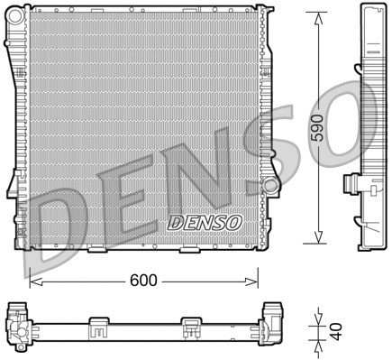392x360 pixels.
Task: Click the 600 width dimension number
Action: pyautogui.click(x=143, y=281)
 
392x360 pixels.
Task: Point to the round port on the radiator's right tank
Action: pyautogui.click(x=269, y=186)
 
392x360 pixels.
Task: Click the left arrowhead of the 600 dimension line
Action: pyautogui.click(x=34, y=281)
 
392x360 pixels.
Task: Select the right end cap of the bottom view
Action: pyautogui.click(x=271, y=320)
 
